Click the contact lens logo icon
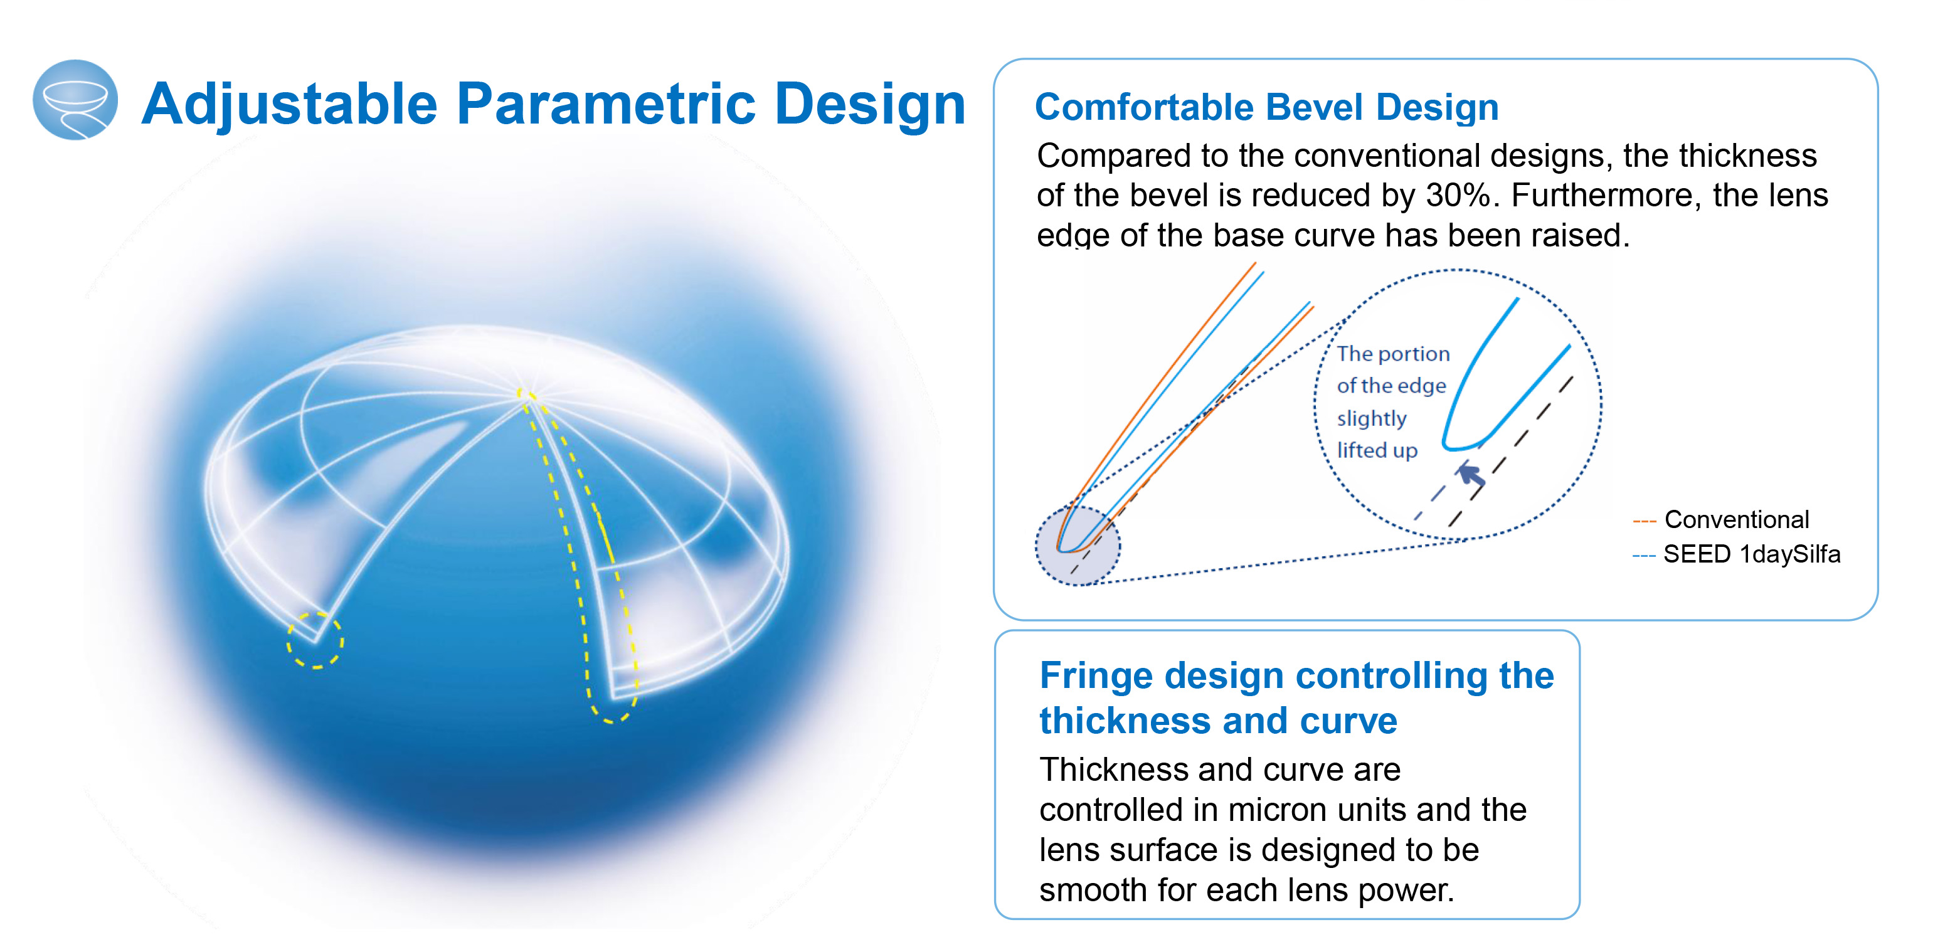[x=75, y=100]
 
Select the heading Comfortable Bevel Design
[x=1267, y=107]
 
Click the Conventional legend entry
[x=1721, y=520]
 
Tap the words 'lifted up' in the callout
[x=1377, y=450]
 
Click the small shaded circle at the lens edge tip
[x=1078, y=545]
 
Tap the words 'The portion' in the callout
[x=1393, y=354]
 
